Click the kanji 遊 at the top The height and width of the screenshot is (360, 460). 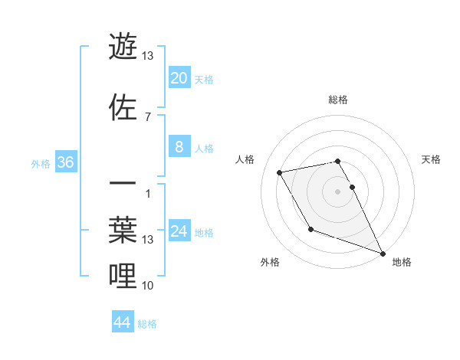coord(124,46)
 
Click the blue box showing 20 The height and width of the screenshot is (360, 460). coord(179,78)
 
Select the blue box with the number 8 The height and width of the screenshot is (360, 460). coord(179,147)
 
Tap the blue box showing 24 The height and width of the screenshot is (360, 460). coord(179,231)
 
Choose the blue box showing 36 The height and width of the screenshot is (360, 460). coord(66,162)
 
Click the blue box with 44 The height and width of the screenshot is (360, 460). coord(123,322)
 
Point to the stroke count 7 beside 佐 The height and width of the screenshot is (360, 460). coord(147,116)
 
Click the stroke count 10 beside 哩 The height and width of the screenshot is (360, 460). coord(148,286)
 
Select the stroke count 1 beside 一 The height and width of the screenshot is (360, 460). coord(147,193)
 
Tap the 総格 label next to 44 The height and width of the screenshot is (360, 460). coord(147,324)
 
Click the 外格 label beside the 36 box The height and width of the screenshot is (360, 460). coord(40,163)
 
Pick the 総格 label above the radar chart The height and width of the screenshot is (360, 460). coord(338,100)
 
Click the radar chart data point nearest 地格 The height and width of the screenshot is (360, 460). coord(383,253)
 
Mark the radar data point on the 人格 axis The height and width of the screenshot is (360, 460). coord(280,173)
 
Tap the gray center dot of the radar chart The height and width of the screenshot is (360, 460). coord(338,191)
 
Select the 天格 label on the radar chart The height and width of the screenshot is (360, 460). coord(432,159)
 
